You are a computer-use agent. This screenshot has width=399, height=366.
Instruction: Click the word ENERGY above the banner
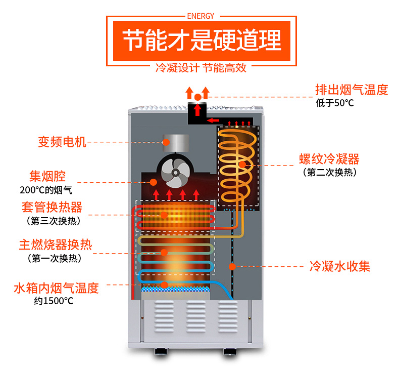pyautogui.click(x=200, y=16)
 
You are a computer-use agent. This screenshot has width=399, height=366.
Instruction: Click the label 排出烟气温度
pyautogui.click(x=352, y=90)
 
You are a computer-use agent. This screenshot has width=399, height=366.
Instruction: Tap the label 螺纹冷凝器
pyautogui.click(x=329, y=159)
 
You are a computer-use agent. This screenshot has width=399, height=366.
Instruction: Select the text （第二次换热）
pyautogui.click(x=330, y=173)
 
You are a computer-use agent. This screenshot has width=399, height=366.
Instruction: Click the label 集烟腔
pyautogui.click(x=47, y=176)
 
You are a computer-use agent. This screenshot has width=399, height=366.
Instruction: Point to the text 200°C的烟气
pyautogui.click(x=46, y=190)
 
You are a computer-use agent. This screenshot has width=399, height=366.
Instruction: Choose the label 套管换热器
pyautogui.click(x=52, y=208)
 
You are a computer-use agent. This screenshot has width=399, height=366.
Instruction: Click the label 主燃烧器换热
pyautogui.click(x=56, y=245)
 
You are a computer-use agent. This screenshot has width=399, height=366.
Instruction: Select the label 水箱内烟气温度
pyautogui.click(x=56, y=289)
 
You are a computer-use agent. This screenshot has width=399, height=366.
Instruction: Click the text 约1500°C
pyautogui.click(x=54, y=301)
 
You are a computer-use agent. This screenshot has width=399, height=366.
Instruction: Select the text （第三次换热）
pyautogui.click(x=53, y=221)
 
